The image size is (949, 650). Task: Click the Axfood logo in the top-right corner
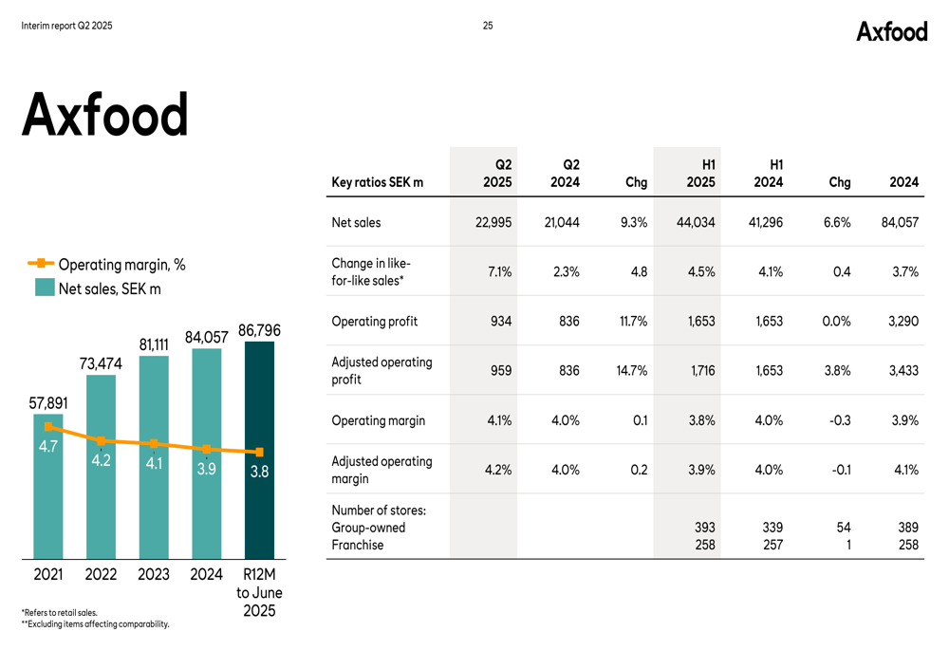pos(891,31)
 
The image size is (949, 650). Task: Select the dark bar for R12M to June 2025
pos(259,450)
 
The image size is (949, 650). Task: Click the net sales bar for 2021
pos(48,486)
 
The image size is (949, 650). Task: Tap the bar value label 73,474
pos(101,363)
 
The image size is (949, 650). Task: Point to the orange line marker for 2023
pos(154,444)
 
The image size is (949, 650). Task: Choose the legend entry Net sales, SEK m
pos(98,288)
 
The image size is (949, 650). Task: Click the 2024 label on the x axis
pos(206,574)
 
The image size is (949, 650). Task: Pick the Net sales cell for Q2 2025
pos(493,223)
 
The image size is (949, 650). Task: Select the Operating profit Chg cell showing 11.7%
pos(633,322)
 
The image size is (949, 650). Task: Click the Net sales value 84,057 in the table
pos(900,223)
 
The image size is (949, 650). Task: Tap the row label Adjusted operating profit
pos(381,370)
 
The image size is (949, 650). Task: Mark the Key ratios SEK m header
pos(377,182)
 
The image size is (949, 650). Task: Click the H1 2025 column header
pos(701,173)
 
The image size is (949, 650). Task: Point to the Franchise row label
pos(357,545)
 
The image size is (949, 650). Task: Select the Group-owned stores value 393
pos(704,528)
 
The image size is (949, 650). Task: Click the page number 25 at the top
pos(488,26)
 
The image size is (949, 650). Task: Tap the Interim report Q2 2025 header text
pos(66,26)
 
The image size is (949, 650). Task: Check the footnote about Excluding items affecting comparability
pos(96,624)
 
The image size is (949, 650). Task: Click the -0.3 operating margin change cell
pos(840,420)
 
